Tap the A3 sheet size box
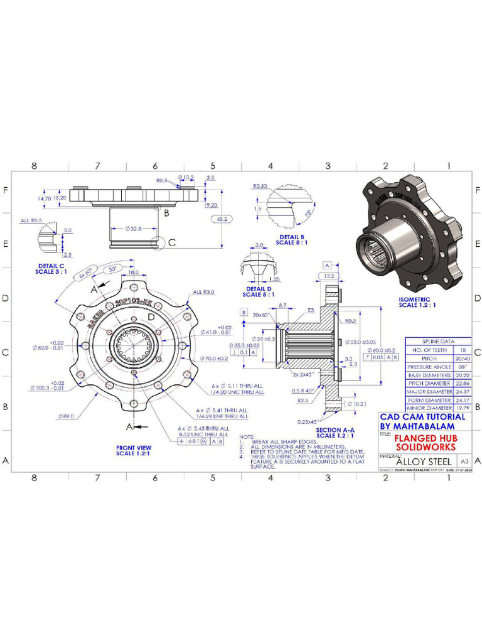(464, 461)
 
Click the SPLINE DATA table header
(437, 340)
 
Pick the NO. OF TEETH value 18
(461, 349)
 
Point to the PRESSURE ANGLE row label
(429, 366)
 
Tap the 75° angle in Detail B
(308, 213)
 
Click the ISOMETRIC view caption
(417, 302)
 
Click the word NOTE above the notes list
(247, 436)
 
